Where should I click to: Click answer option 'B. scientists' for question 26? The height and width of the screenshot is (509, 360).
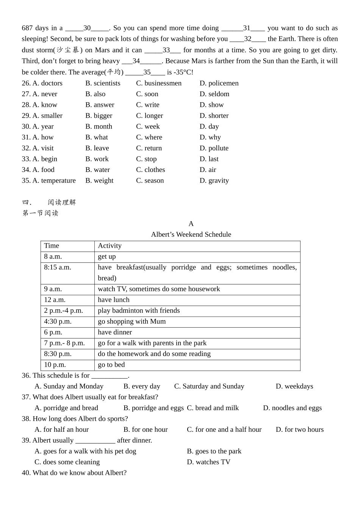click(x=103, y=83)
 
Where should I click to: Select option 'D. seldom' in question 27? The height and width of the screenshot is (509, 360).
click(x=214, y=94)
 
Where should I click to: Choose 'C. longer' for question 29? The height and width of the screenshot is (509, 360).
click(x=149, y=116)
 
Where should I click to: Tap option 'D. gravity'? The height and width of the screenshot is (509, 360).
click(x=214, y=181)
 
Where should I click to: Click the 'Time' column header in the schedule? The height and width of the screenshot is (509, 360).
click(x=52, y=246)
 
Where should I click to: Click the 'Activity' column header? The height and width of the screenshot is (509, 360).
click(x=110, y=246)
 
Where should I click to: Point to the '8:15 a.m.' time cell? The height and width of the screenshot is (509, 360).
click(x=58, y=267)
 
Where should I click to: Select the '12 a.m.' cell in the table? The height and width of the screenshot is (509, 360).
click(x=55, y=300)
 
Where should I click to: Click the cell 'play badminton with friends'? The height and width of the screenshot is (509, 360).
click(x=139, y=311)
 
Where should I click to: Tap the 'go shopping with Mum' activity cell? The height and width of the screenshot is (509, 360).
click(x=131, y=322)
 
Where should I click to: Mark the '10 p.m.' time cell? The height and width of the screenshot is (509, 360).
click(x=55, y=365)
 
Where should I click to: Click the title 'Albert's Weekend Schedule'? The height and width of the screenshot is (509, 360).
click(x=191, y=234)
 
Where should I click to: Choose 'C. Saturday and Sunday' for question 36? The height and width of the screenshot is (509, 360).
click(x=209, y=386)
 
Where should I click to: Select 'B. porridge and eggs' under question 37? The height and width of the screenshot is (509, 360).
click(x=153, y=408)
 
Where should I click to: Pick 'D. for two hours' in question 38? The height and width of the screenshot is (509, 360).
click(x=299, y=429)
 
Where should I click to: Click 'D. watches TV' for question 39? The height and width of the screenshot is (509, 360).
click(x=208, y=462)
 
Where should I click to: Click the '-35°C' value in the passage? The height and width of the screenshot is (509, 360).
click(x=183, y=72)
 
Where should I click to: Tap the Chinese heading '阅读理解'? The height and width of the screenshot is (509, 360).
click(x=62, y=202)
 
